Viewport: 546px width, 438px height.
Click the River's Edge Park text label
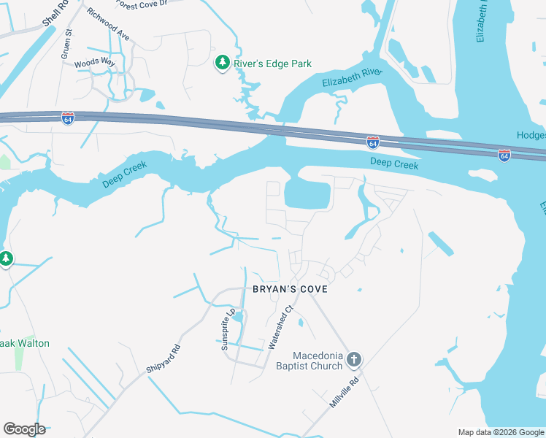click(272, 64)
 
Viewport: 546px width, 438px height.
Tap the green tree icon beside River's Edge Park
click(222, 64)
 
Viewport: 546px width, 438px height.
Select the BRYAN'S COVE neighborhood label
click(290, 289)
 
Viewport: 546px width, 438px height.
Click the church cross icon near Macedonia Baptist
click(354, 358)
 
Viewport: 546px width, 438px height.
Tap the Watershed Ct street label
click(282, 327)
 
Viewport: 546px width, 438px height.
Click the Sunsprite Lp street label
click(229, 328)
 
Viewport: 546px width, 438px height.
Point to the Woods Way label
click(95, 64)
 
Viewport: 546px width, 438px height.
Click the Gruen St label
click(66, 43)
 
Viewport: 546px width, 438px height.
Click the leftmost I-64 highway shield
click(67, 118)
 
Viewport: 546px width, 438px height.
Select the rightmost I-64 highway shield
click(504, 155)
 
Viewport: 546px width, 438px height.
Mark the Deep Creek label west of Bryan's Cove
click(125, 174)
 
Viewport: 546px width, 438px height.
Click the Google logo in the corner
click(24, 429)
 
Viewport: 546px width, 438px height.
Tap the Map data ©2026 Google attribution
click(500, 432)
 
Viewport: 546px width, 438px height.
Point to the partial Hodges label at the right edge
click(531, 135)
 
